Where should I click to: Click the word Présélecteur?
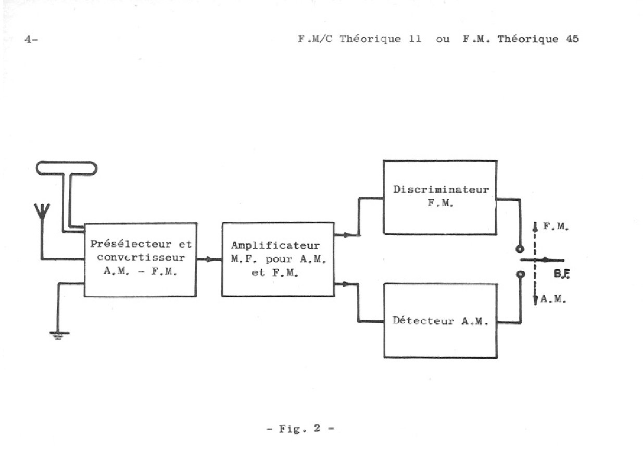click(x=131, y=244)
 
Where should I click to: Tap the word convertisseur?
click(x=141, y=257)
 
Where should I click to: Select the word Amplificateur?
click(x=275, y=245)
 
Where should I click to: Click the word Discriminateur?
click(x=441, y=189)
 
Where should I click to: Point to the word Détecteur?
click(x=423, y=320)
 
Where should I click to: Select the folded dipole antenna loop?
click(x=66, y=168)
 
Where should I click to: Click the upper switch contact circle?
click(x=520, y=249)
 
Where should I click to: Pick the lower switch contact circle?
click(x=520, y=274)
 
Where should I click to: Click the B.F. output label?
click(x=562, y=274)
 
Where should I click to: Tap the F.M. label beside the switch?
click(x=556, y=227)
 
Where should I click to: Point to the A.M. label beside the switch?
click(x=553, y=299)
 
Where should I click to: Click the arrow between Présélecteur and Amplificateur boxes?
click(x=209, y=259)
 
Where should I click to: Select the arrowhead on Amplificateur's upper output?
click(x=346, y=235)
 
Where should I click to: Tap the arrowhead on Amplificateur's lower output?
click(x=346, y=284)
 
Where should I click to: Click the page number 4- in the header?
click(x=31, y=39)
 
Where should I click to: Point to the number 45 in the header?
click(x=572, y=39)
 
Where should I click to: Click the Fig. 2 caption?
click(x=300, y=429)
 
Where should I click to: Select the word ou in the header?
click(x=443, y=40)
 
